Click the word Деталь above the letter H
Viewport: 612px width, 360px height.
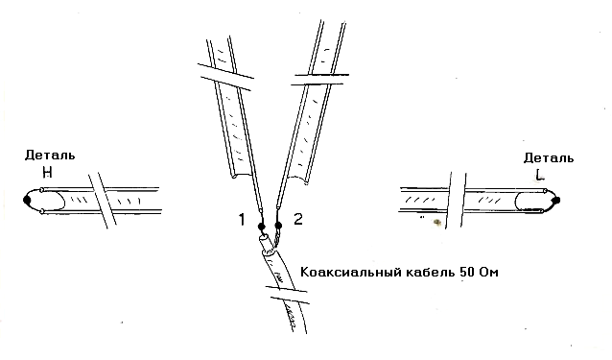pos(50,156)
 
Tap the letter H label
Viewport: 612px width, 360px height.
pos(47,172)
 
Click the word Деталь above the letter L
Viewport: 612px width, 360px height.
pos(549,158)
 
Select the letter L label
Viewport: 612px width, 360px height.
pos(540,175)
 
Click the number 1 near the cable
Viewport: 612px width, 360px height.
pos(242,220)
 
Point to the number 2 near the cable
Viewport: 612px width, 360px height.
pos(297,219)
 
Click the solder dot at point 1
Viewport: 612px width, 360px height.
pos(262,227)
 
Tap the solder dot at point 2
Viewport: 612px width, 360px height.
pos(278,226)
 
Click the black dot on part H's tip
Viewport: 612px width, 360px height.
pos(27,201)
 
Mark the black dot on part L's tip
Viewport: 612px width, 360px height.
pos(556,201)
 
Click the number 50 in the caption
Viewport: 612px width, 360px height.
pos(467,272)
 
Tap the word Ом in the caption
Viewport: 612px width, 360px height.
pos(488,272)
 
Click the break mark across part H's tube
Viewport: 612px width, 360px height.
pos(103,200)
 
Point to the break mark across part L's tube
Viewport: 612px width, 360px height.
pos(456,200)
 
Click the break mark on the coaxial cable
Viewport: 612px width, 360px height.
pos(287,295)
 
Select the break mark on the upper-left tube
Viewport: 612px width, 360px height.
pos(225,77)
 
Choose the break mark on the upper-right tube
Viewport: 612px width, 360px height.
pos(320,79)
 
